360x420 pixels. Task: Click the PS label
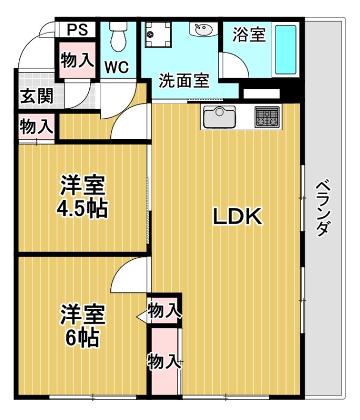click(x=77, y=29)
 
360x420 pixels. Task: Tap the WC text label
click(x=118, y=67)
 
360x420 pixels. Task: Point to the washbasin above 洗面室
click(x=203, y=30)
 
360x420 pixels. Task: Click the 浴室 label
click(x=249, y=35)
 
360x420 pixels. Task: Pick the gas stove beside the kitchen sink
click(x=267, y=117)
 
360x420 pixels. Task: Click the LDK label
click(x=237, y=217)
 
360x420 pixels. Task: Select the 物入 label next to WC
click(x=77, y=60)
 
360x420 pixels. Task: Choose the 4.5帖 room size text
click(x=83, y=209)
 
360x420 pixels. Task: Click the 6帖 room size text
click(x=83, y=339)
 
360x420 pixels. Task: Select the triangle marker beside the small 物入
click(x=141, y=317)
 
